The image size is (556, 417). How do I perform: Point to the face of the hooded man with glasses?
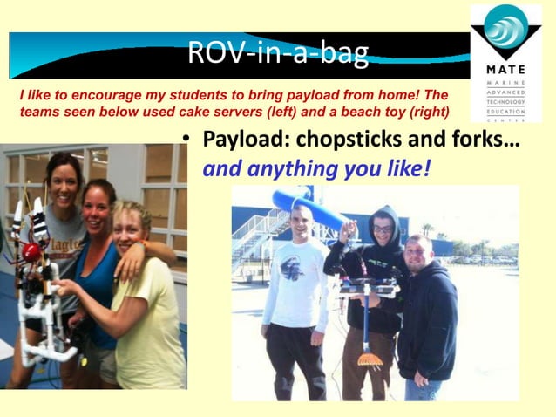pos(382,226)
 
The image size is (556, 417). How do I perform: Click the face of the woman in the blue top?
pos(98,203)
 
